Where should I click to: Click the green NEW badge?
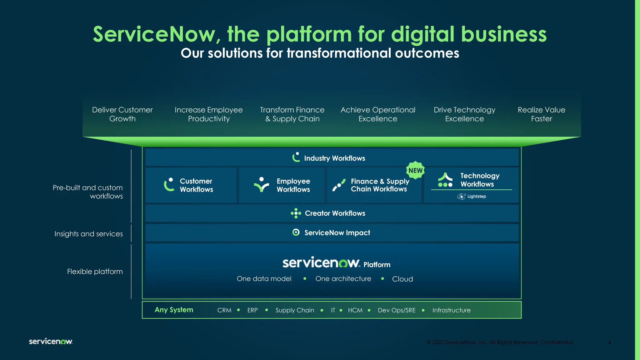coord(415,170)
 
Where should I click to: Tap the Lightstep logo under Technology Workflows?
coord(472,196)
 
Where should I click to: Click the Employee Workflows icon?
coord(261,184)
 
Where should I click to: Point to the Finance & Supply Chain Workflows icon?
coord(339,185)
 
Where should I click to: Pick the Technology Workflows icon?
coord(445,180)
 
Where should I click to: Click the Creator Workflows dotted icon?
coord(296,213)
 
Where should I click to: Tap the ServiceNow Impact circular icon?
coord(296,232)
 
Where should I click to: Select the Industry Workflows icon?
coord(296,157)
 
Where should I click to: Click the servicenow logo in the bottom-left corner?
coord(51,341)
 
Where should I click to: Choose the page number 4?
coord(609,342)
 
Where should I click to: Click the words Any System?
coord(174,310)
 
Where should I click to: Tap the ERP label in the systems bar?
coord(252,310)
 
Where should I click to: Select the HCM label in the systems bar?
coord(355,310)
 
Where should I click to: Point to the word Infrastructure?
coord(451,310)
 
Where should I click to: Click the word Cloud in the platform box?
coord(402,279)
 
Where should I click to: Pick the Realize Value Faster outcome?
coord(541,114)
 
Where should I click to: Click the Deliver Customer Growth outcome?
coord(122,114)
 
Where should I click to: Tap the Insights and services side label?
coord(88,234)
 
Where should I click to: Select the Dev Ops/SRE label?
coord(397,310)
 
